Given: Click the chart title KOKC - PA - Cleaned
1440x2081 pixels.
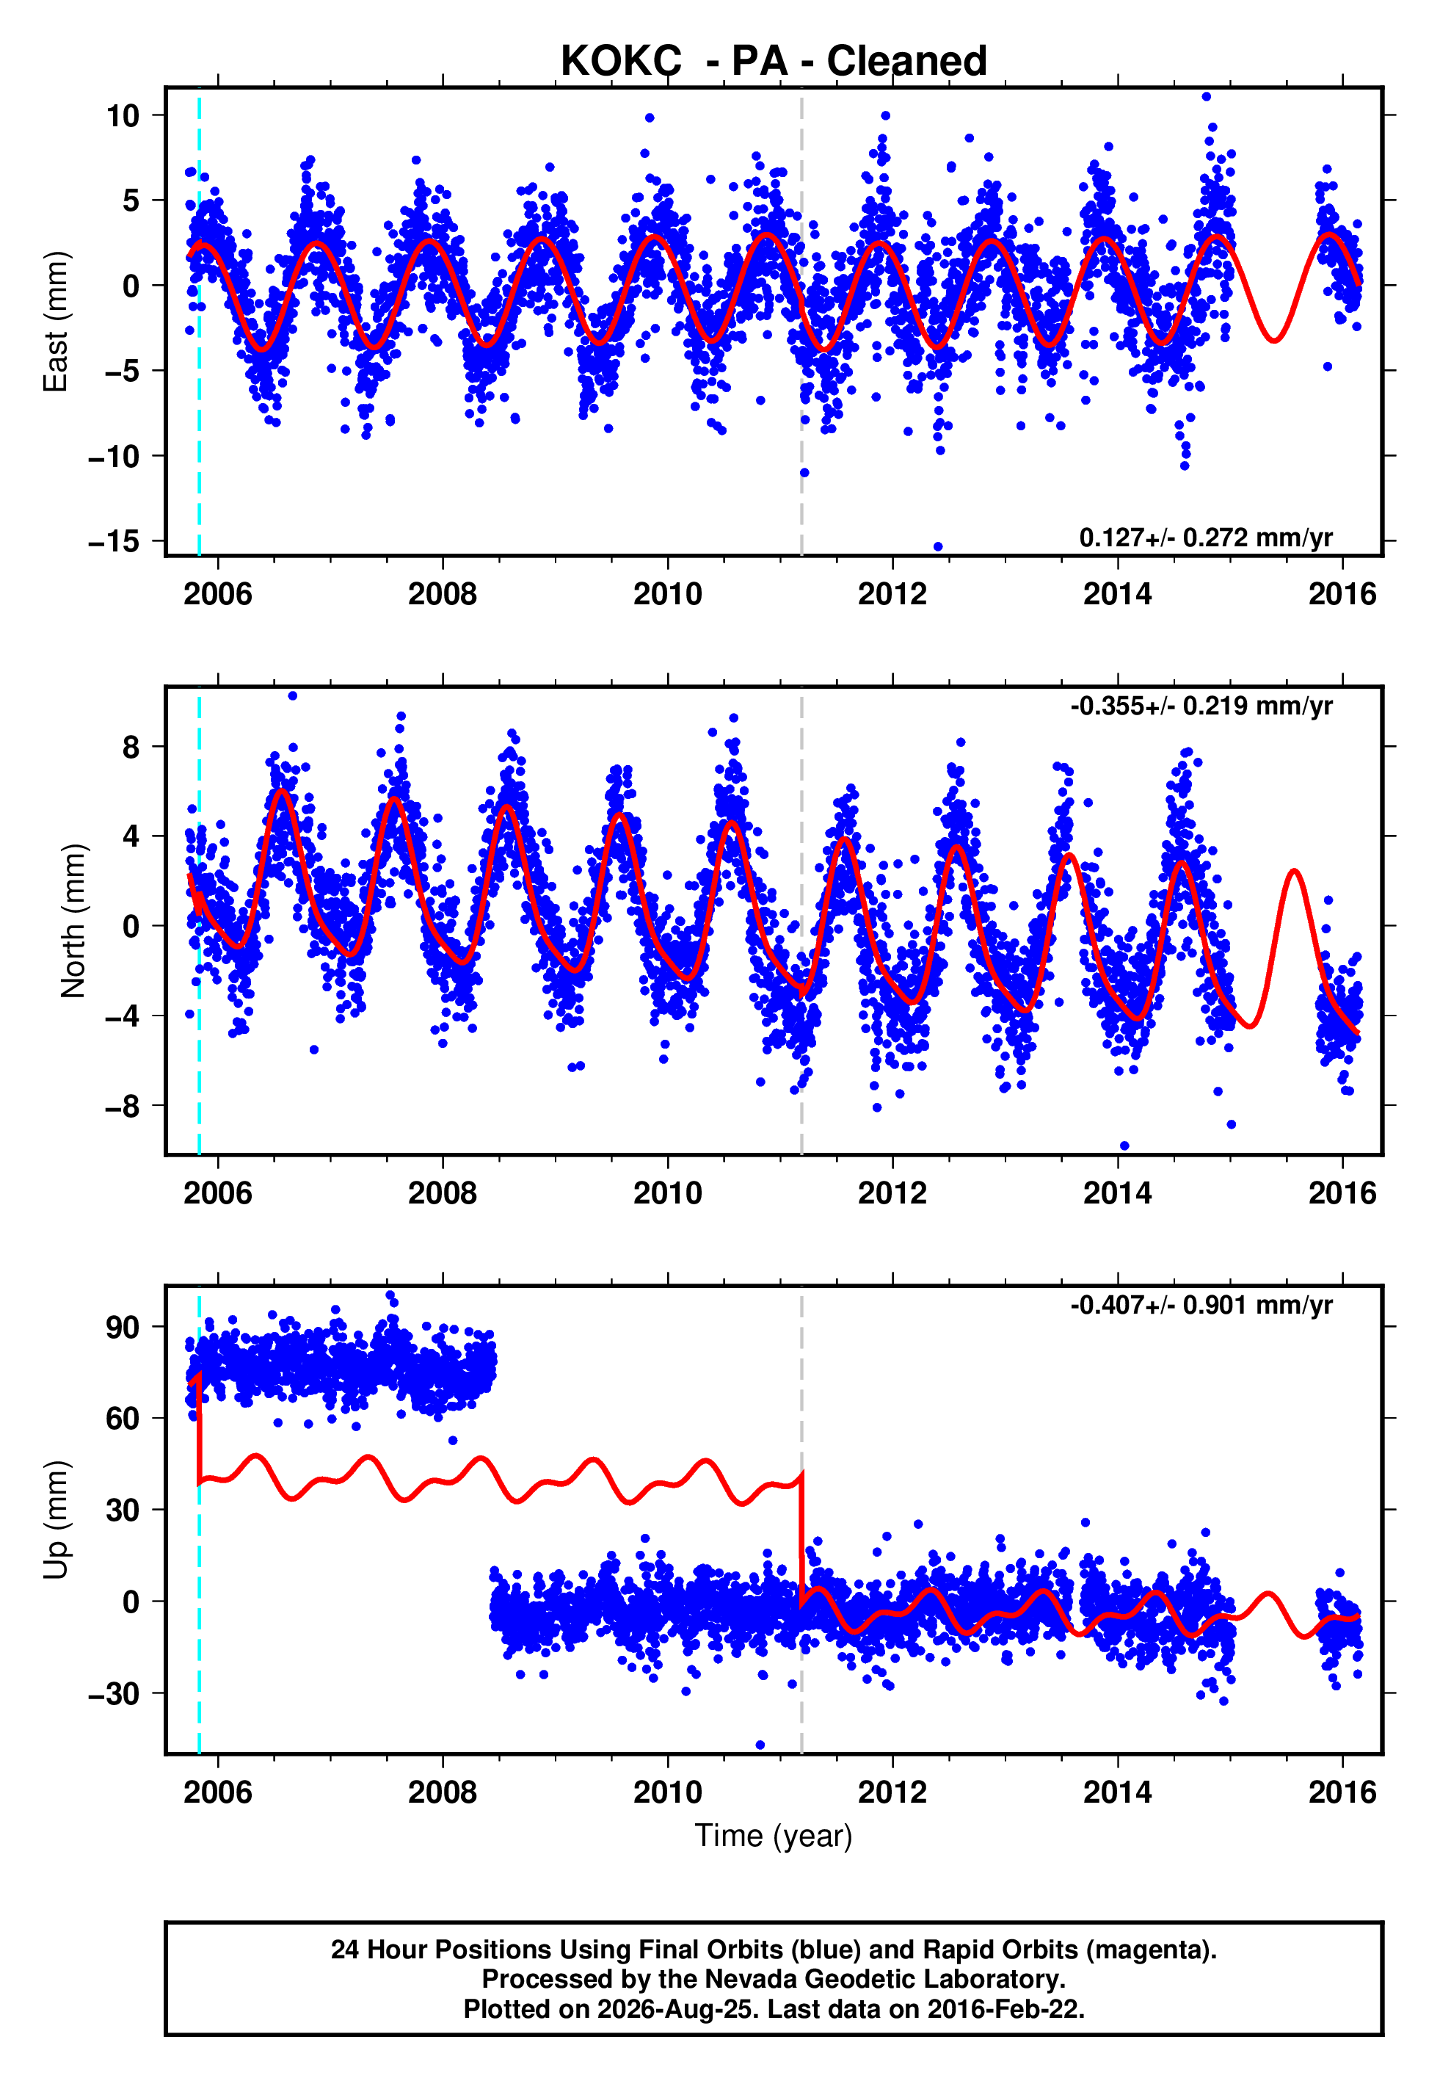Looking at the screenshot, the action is click(774, 62).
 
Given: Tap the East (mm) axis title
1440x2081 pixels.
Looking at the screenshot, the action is click(56, 322).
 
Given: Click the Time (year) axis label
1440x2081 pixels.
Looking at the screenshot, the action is click(774, 1836).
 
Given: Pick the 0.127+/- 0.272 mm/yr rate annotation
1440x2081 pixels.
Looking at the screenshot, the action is click(1205, 538).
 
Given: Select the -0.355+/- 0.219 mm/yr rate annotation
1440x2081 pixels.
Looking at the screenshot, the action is click(1201, 706).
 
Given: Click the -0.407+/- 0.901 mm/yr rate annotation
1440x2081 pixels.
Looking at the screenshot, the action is click(1201, 1305).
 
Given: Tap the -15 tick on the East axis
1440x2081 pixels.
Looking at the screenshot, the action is click(114, 541).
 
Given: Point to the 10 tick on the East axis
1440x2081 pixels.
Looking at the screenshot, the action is click(123, 115).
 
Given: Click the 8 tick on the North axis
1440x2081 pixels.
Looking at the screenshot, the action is click(131, 748).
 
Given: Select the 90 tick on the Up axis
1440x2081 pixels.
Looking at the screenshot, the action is click(123, 1328).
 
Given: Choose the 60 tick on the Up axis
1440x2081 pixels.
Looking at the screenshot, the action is click(123, 1419).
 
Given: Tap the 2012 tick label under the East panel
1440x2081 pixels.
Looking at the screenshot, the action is click(892, 594).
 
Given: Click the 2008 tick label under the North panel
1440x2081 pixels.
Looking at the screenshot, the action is click(442, 1193).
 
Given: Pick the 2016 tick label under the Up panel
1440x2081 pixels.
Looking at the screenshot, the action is click(1342, 1792).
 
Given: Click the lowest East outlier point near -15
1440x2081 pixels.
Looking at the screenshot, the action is click(938, 547).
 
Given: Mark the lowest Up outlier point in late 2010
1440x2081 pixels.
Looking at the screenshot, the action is click(760, 1745).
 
